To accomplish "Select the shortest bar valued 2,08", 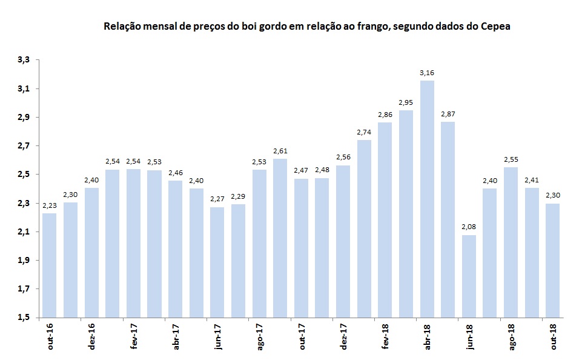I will coord(469,276).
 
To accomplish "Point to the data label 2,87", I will coord(448,114).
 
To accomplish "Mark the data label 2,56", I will coord(343,158).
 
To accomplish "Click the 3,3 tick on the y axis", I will coord(24,60).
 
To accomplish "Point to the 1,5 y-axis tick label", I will coord(24,318).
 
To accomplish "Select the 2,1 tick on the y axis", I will coord(24,232).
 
